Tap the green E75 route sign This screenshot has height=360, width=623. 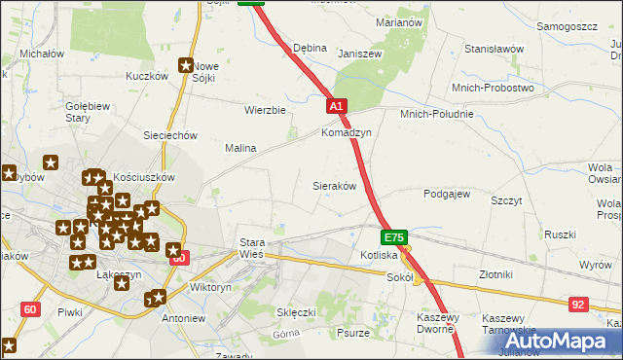point(393,237)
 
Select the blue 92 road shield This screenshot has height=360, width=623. point(579,305)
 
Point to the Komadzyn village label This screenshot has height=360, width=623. point(347,132)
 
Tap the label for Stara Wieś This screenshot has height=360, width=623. point(252,248)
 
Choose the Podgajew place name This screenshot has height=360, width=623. point(447,193)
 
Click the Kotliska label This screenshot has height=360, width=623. point(378,255)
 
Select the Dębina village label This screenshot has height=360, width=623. point(310,48)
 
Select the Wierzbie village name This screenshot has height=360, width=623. point(265,110)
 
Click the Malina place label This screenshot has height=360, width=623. point(240,148)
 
